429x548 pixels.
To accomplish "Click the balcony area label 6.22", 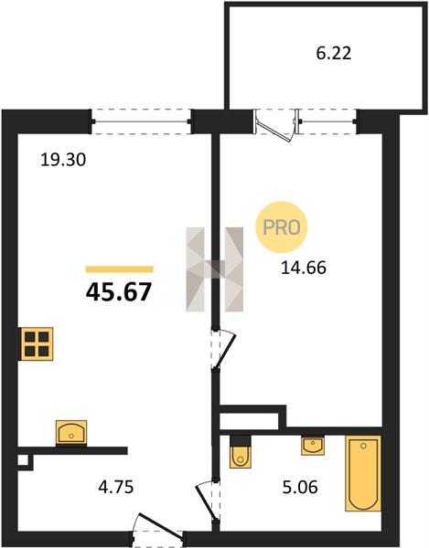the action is pyautogui.click(x=334, y=54).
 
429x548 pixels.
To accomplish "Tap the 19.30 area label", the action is pyautogui.click(x=63, y=161).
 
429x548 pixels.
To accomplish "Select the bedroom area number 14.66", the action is pyautogui.click(x=304, y=268).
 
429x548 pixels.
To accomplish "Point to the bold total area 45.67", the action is pyautogui.click(x=119, y=292).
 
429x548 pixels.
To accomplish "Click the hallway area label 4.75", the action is pyautogui.click(x=116, y=487).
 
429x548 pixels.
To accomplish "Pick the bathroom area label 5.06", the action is pyautogui.click(x=300, y=487).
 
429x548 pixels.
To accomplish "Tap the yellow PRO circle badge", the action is pyautogui.click(x=282, y=227).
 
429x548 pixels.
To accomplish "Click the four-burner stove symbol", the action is pyautogui.click(x=38, y=343).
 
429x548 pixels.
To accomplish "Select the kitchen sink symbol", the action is pyautogui.click(x=71, y=433).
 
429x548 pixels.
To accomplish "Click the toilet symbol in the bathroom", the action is pyautogui.click(x=241, y=451).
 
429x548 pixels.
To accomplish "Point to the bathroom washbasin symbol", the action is pyautogui.click(x=313, y=446).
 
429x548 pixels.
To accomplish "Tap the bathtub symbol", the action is pyautogui.click(x=363, y=473).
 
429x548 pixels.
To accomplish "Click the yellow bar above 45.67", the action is pyautogui.click(x=120, y=269).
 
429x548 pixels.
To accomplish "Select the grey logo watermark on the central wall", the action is pyautogui.click(x=214, y=269).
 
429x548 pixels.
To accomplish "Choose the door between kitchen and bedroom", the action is pyautogui.click(x=224, y=348).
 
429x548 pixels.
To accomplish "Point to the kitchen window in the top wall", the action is pyautogui.click(x=142, y=121).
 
